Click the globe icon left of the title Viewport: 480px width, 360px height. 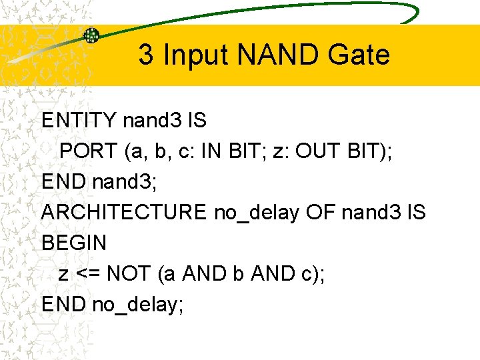[91, 35]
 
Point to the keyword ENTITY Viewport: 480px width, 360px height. [79, 121]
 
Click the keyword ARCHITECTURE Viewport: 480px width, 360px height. [124, 213]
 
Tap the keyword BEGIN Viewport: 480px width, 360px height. [74, 243]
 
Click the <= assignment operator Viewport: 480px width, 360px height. [89, 273]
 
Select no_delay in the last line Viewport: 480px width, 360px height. [137, 305]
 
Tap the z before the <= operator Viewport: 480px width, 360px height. [63, 274]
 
